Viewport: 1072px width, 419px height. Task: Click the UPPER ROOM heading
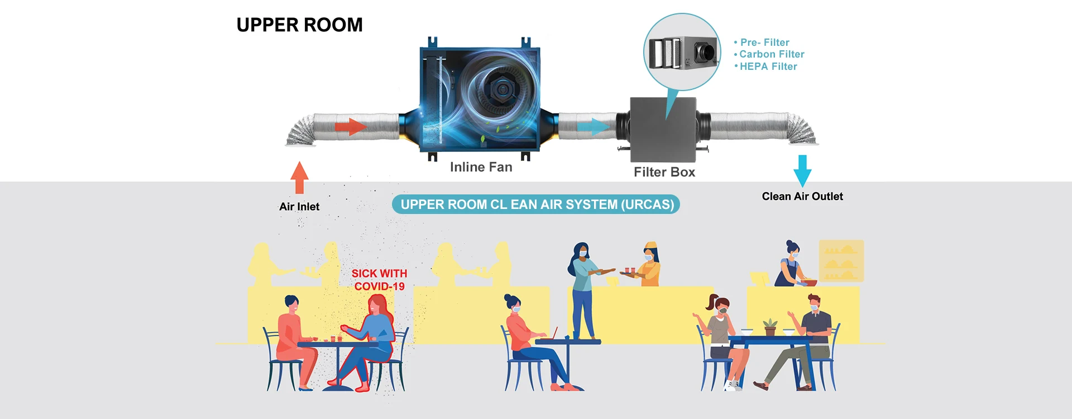pyautogui.click(x=299, y=25)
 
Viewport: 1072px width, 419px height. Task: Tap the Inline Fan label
pyautogui.click(x=481, y=167)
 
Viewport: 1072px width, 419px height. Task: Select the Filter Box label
pyautogui.click(x=664, y=172)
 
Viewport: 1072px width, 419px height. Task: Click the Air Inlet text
pyautogui.click(x=299, y=207)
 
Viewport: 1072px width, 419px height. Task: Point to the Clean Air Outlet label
pyautogui.click(x=802, y=196)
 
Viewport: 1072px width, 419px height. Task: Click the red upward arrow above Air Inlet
pyautogui.click(x=299, y=177)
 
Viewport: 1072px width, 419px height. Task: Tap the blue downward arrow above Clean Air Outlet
pyautogui.click(x=802, y=170)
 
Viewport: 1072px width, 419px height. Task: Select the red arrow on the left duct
pyautogui.click(x=350, y=127)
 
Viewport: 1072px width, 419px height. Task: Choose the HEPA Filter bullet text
pyautogui.click(x=768, y=66)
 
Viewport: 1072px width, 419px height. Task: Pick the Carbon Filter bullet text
pyautogui.click(x=771, y=54)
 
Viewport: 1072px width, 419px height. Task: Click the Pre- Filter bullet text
pyautogui.click(x=764, y=42)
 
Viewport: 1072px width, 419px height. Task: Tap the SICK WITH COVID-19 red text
pyautogui.click(x=379, y=280)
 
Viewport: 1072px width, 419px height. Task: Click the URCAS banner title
pyautogui.click(x=537, y=204)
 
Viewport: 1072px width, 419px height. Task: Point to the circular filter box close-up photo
pyautogui.click(x=682, y=52)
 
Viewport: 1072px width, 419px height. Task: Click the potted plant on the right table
pyautogui.click(x=770, y=327)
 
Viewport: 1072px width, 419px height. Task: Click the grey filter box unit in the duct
pyautogui.click(x=663, y=128)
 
